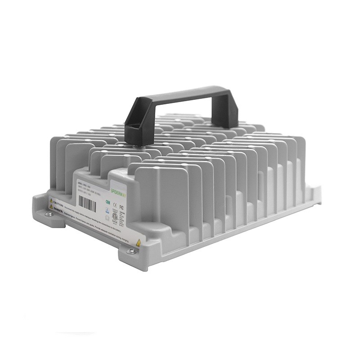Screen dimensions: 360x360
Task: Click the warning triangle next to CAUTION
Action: click(x=51, y=201)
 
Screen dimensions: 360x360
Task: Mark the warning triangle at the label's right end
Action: click(x=138, y=243)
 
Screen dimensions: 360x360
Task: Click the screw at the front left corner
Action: click(x=49, y=214)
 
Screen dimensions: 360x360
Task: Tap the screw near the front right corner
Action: click(x=131, y=251)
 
